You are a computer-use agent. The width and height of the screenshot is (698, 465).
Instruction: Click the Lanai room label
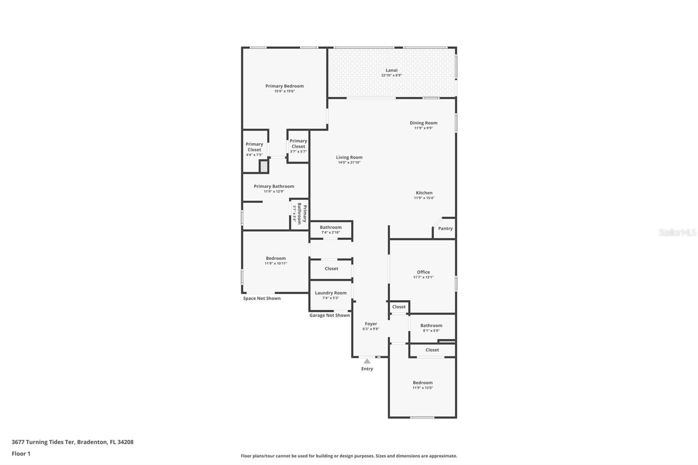pyautogui.click(x=391, y=70)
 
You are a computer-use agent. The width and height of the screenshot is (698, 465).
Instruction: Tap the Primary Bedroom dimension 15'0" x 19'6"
pyautogui.click(x=284, y=91)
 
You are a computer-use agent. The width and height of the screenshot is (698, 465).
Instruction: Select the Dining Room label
pyautogui.click(x=423, y=123)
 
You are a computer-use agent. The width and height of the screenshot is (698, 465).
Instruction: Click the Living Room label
pyautogui.click(x=349, y=157)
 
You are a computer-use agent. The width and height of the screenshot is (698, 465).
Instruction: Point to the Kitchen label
pyautogui.click(x=424, y=193)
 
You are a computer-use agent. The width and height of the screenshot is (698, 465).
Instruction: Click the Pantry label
pyautogui.click(x=445, y=229)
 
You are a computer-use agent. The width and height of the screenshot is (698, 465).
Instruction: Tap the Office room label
pyautogui.click(x=423, y=272)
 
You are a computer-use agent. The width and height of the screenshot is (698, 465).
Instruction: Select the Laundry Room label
pyautogui.click(x=331, y=293)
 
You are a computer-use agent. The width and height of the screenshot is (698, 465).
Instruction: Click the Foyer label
pyautogui.click(x=371, y=324)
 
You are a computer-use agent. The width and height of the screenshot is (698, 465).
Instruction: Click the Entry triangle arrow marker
pyautogui.click(x=367, y=361)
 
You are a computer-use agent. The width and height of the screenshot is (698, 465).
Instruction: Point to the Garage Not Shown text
pyautogui.click(x=329, y=315)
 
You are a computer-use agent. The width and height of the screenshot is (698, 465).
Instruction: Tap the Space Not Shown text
pyautogui.click(x=262, y=298)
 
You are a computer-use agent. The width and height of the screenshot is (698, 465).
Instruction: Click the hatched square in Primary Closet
pyautogui.click(x=263, y=167)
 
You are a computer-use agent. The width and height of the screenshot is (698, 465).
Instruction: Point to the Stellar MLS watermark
pyautogui.click(x=677, y=233)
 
